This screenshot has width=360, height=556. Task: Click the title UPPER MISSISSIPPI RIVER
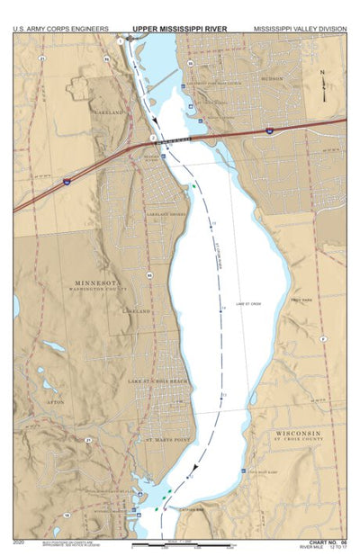click(x=180, y=29)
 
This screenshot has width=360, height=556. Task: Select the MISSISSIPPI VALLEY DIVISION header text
click(x=299, y=29)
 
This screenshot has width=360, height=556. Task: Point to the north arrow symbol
click(x=327, y=84)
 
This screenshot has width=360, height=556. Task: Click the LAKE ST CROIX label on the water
click(x=247, y=305)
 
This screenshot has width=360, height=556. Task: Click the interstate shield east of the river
click(x=270, y=131)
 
